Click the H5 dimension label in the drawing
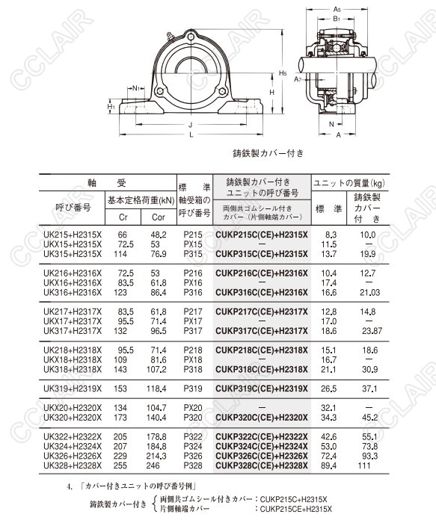click(283, 73)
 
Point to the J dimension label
click(191, 125)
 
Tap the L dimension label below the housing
click(191, 134)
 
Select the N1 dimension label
click(136, 88)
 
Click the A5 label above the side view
click(337, 9)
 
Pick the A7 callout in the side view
click(298, 79)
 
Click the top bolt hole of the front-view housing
click(191, 37)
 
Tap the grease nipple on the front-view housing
click(171, 36)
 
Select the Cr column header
click(123, 217)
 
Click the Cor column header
click(159, 217)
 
